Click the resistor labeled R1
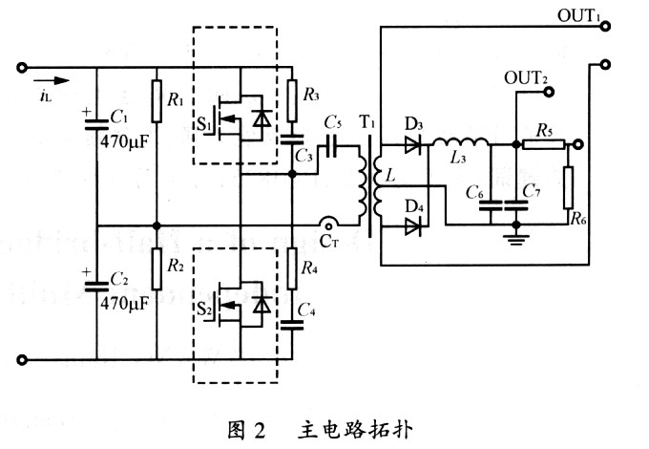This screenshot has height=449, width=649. click(x=156, y=96)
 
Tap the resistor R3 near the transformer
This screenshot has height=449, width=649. click(x=292, y=95)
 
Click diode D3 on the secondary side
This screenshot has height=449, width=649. click(x=412, y=145)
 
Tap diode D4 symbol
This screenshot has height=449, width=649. click(x=412, y=226)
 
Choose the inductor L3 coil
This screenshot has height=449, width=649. click(x=462, y=143)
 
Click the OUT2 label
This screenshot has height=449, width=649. click(x=526, y=77)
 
